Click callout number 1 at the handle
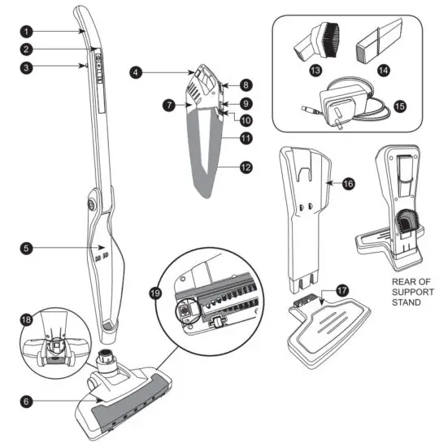tap(27, 32)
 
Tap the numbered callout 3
tap(27, 67)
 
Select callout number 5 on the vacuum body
tap(27, 247)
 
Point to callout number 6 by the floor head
tap(27, 401)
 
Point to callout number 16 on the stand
tap(348, 184)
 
